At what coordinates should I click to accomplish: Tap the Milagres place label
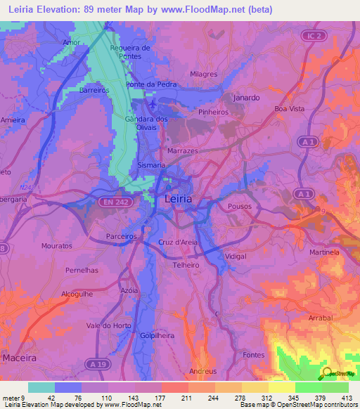[x=205, y=74]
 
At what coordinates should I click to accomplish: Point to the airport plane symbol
[x=153, y=104]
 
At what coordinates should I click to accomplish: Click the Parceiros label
[x=121, y=237]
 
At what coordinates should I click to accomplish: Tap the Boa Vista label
[x=290, y=109]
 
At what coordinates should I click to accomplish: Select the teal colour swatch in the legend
[x=41, y=387]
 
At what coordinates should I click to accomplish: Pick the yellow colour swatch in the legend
[x=281, y=387]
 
